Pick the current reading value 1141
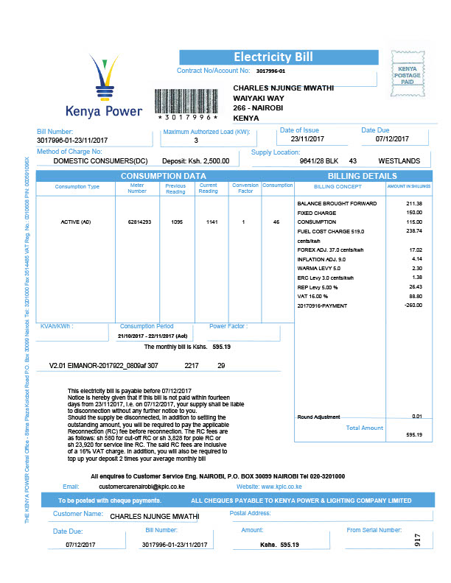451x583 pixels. click(209, 221)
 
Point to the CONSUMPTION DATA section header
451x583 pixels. click(163, 176)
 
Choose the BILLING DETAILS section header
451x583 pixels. click(362, 176)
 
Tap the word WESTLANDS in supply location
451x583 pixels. click(399, 160)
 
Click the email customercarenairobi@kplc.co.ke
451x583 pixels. click(141, 487)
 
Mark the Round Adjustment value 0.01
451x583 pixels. click(417, 417)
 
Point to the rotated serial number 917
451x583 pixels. click(417, 540)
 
